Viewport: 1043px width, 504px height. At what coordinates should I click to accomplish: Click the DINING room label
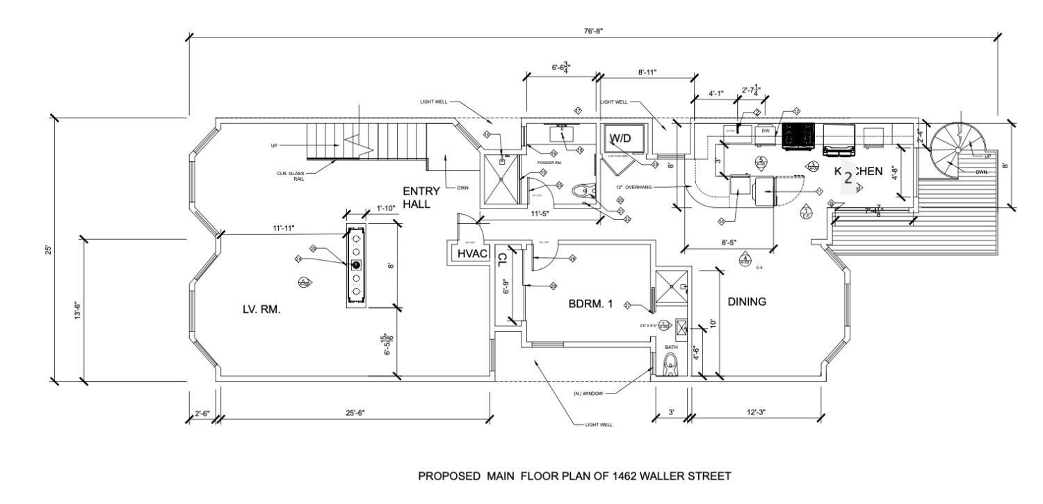(747, 302)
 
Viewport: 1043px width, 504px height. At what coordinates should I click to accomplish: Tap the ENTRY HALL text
(421, 197)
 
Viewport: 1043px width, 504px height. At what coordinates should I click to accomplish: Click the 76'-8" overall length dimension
(592, 31)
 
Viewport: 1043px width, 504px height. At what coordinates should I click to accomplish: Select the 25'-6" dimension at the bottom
(355, 413)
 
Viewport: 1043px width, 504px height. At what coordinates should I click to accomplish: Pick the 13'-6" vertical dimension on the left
(78, 310)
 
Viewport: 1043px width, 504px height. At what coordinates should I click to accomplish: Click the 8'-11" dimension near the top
(647, 72)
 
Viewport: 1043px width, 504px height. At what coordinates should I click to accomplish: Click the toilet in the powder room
(581, 190)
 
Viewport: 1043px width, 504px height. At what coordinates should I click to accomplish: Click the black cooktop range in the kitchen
(799, 136)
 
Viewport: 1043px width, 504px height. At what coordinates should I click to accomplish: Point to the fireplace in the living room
(357, 265)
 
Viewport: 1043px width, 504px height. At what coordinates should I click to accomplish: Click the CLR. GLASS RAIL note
(291, 176)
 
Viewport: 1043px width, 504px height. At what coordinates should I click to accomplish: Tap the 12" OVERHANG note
(632, 187)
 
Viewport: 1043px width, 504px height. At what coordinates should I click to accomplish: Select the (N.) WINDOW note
(588, 393)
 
